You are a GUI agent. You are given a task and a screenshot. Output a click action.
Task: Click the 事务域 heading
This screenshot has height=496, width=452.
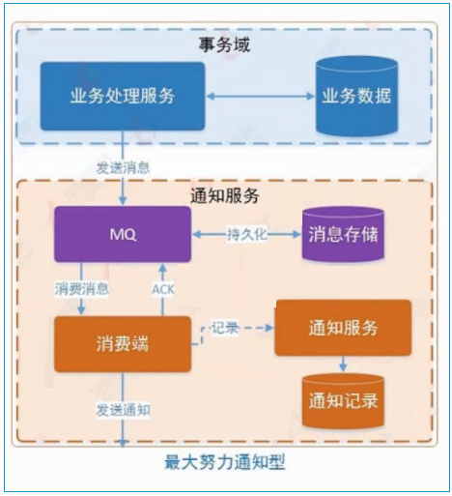click(x=224, y=44)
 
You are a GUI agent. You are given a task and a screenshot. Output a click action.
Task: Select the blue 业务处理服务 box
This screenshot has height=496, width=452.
click(x=123, y=96)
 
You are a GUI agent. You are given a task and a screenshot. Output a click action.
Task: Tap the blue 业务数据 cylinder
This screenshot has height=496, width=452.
click(x=356, y=96)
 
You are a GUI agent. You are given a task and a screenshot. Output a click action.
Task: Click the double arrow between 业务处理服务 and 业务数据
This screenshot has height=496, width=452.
click(x=260, y=96)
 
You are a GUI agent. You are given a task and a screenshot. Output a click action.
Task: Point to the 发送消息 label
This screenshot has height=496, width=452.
click(x=123, y=168)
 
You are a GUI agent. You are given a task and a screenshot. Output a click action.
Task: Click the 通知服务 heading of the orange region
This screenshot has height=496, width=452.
click(x=224, y=195)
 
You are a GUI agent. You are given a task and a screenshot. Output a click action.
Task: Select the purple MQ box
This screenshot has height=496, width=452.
click(x=123, y=234)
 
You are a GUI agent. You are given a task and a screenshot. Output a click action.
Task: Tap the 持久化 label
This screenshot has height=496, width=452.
click(x=247, y=234)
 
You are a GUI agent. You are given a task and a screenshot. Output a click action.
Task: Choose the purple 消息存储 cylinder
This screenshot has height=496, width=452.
click(x=343, y=234)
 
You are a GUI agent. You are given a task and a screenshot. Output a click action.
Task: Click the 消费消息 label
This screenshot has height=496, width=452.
click(x=81, y=289)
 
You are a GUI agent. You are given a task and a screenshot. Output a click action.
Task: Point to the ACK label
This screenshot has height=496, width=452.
click(x=163, y=289)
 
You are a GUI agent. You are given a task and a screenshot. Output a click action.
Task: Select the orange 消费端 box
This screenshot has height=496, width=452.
click(x=123, y=344)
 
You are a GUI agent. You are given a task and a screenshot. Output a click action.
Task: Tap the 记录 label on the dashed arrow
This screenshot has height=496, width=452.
click(x=225, y=328)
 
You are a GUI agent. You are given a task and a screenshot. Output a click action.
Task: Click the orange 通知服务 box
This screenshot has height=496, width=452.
click(x=343, y=328)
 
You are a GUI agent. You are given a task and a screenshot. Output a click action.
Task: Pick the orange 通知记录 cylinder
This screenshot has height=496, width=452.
click(x=343, y=400)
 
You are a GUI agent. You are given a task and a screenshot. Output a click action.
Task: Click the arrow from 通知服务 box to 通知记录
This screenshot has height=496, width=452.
click(x=343, y=365)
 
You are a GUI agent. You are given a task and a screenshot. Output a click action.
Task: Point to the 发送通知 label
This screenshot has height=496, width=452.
click(x=123, y=410)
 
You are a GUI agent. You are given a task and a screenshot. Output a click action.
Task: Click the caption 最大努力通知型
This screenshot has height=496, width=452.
click(x=225, y=462)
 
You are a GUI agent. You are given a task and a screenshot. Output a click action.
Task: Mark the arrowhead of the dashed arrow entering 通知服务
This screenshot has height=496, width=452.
click(x=269, y=328)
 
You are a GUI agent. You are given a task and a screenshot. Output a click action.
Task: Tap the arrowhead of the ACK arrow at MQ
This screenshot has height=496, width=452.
click(x=163, y=267)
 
